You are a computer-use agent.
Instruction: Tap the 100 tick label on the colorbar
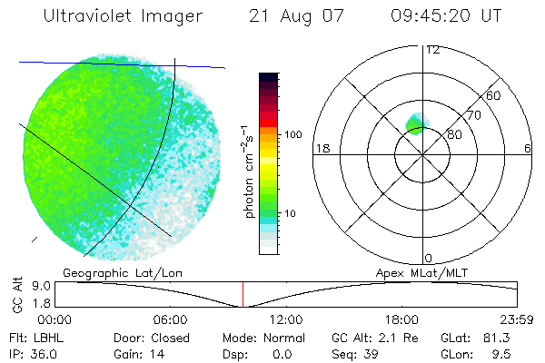click(x=292, y=134)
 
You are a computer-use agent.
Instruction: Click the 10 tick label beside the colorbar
click(x=292, y=213)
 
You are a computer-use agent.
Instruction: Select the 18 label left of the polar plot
click(x=321, y=148)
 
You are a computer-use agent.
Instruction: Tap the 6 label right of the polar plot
click(x=527, y=148)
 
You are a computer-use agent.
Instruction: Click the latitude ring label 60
click(x=494, y=95)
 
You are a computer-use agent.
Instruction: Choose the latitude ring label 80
click(x=454, y=134)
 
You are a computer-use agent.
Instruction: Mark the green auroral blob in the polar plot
click(x=417, y=123)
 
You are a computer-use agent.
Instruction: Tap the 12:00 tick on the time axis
click(x=285, y=319)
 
